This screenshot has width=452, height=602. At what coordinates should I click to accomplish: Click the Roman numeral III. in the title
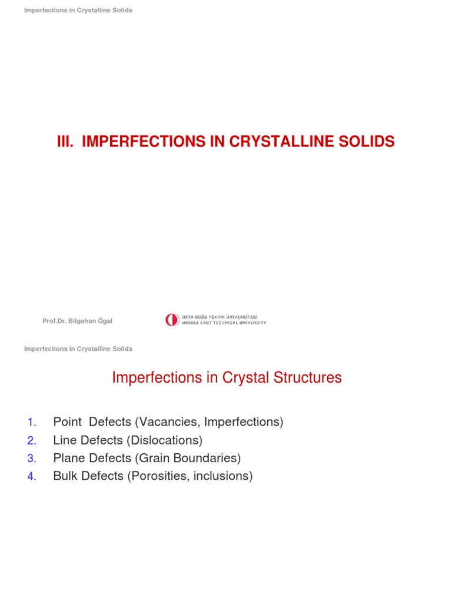coord(67,142)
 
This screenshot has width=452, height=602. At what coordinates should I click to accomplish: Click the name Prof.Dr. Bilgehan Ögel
coord(77,320)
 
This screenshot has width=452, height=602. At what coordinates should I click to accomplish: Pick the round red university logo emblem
coord(172,320)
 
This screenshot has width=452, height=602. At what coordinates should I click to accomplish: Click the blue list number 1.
coord(32,422)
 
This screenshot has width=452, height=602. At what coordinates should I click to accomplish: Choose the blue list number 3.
coord(32,458)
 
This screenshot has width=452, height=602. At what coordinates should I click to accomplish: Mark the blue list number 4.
coord(32,476)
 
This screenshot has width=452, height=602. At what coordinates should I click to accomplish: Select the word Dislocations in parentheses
coord(167,440)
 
